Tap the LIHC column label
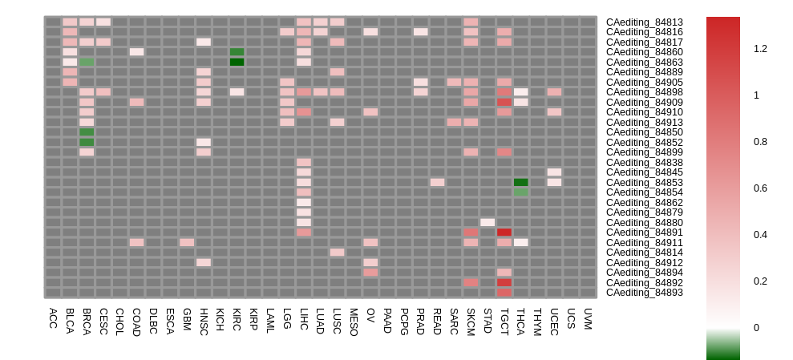click(304, 318)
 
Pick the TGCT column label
click(504, 319)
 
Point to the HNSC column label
click(204, 319)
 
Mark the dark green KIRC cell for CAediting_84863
click(237, 62)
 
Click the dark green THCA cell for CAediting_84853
click(521, 182)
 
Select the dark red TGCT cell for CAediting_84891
click(504, 233)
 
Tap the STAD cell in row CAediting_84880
click(488, 222)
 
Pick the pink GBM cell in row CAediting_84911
click(187, 242)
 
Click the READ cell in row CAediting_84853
click(437, 182)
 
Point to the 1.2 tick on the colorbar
click(760, 49)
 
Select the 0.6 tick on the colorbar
click(760, 188)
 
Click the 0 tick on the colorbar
click(757, 328)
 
